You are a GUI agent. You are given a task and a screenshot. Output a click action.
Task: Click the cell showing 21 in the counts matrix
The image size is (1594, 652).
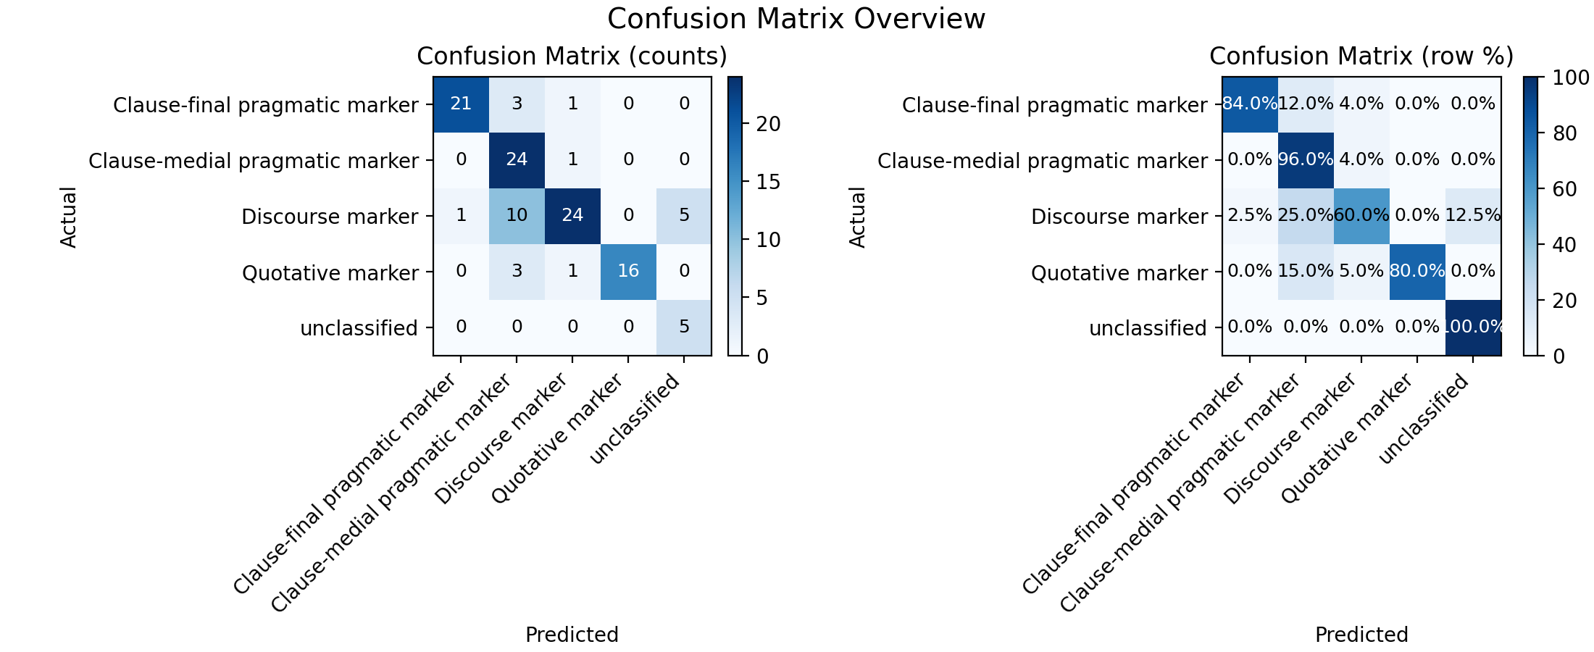click(461, 104)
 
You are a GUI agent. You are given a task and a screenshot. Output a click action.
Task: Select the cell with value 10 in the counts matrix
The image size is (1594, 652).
click(517, 216)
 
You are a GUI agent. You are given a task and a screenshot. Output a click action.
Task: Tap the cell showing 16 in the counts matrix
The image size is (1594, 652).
click(628, 272)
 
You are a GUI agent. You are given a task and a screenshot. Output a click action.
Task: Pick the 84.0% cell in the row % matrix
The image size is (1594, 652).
click(1250, 104)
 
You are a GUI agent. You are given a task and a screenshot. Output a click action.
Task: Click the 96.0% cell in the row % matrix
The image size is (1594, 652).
click(1306, 160)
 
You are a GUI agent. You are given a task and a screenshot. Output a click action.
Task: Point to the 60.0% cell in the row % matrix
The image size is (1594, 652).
click(1361, 216)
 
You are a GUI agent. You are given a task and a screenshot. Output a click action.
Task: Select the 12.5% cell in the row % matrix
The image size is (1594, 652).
click(1473, 216)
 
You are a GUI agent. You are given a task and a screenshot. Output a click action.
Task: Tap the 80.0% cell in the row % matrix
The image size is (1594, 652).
click(1417, 272)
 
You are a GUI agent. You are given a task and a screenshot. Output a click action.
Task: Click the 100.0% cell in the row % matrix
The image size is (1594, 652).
click(1473, 327)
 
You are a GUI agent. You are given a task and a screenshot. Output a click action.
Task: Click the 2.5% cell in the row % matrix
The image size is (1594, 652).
click(1250, 216)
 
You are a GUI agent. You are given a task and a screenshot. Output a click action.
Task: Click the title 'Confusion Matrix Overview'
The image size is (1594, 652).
click(796, 19)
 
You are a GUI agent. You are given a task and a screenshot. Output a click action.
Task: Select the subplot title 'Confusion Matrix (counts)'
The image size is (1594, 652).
click(572, 57)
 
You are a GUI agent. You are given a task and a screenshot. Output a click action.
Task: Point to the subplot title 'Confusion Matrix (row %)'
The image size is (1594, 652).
click(1361, 57)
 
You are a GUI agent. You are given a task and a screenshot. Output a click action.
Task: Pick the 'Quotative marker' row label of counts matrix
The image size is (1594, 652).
click(330, 273)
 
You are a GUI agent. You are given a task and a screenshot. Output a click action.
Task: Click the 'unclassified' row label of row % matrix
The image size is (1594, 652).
click(1148, 328)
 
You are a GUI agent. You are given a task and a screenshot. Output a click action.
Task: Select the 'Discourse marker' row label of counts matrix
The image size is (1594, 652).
click(330, 217)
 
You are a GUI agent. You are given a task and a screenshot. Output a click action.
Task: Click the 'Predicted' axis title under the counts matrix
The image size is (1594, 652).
click(572, 635)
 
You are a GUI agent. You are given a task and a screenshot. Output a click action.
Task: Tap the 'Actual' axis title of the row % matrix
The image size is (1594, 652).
click(857, 217)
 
